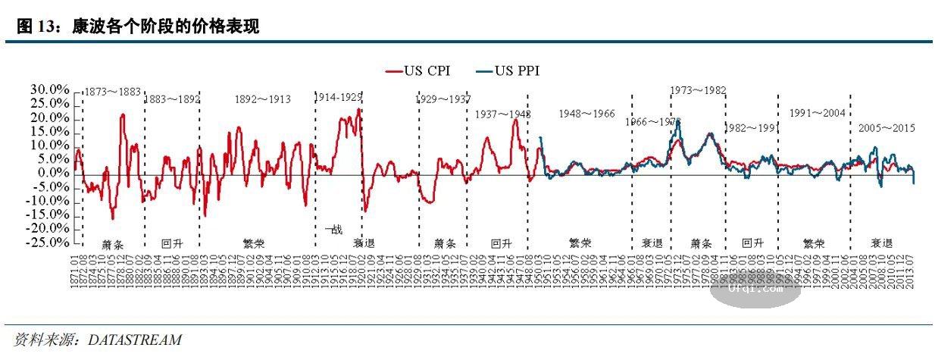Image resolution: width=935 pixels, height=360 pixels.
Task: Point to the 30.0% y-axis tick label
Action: pos(49,90)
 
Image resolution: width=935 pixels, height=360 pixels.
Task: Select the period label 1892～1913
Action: pos(263,99)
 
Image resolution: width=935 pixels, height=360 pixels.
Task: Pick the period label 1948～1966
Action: pos(586,114)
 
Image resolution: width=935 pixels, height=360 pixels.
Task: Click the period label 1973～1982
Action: pos(698,90)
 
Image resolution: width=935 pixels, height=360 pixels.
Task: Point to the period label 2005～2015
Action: pos(887,128)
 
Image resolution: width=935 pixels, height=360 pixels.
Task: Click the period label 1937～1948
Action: pos(502,114)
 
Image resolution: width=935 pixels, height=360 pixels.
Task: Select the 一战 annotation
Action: pos(333,229)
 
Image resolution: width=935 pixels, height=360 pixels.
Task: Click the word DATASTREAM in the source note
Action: pos(135,340)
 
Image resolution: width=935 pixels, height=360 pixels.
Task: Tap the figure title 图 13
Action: pos(37,27)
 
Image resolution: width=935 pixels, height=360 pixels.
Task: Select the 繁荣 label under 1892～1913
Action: pos(253,244)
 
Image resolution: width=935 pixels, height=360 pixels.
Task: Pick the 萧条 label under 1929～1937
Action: pos(445,244)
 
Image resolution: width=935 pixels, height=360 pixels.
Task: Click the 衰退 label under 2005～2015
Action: pos(880,244)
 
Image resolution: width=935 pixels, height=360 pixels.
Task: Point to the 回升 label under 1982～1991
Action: pos(752,244)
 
